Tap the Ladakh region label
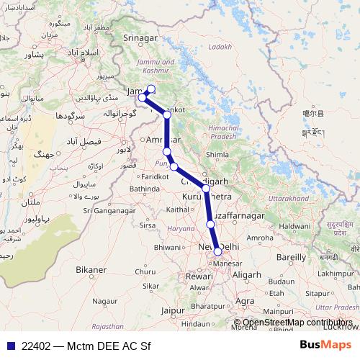pyautogui.click(x=220, y=47)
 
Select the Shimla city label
pyautogui.click(x=217, y=153)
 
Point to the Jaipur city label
pyautogui.click(x=175, y=311)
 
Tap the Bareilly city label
pyautogui.click(x=290, y=256)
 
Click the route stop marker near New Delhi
pyautogui.click(x=217, y=251)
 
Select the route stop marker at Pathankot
pyautogui.click(x=166, y=114)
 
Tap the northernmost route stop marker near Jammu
pyautogui.click(x=150, y=89)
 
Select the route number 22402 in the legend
pyautogui.click(x=36, y=344)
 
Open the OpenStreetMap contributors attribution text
pyautogui.click(x=297, y=323)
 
